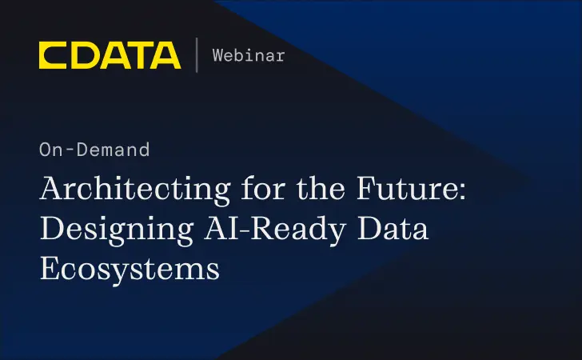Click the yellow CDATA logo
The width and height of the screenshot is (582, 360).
click(110, 55)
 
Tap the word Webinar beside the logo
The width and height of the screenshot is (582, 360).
click(249, 55)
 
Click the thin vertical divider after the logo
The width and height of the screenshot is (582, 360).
click(197, 55)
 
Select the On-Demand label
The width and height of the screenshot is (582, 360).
click(94, 149)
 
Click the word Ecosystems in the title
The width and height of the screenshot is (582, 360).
click(130, 268)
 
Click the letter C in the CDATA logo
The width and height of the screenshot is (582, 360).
click(52, 55)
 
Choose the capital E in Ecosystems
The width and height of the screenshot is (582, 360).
click(50, 268)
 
